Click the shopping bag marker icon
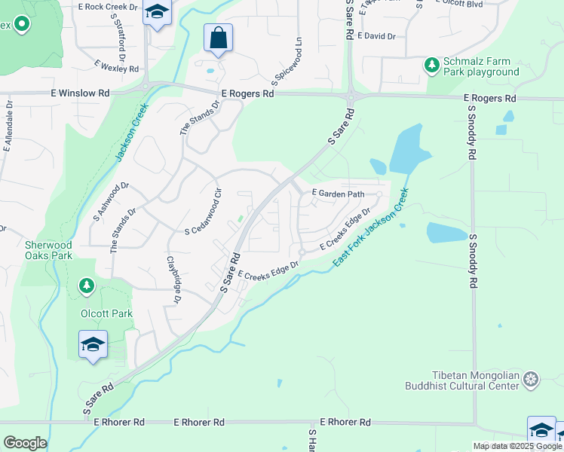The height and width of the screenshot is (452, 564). click(218, 38)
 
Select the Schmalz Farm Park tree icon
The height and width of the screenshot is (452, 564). click(432, 66)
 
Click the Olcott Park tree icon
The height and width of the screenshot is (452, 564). click(87, 286)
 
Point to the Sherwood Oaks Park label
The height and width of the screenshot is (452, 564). click(48, 250)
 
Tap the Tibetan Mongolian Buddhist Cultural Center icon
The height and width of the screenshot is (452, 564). click(532, 378)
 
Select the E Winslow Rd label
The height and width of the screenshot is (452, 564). click(80, 93)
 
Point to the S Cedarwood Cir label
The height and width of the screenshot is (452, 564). click(202, 210)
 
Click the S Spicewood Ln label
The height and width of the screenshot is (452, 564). click(287, 63)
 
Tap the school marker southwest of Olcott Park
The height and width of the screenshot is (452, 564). click(93, 345)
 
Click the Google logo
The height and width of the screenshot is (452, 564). click(25, 443)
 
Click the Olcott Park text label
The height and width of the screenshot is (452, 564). click(106, 313)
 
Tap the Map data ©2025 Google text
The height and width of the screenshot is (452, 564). click(517, 446)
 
